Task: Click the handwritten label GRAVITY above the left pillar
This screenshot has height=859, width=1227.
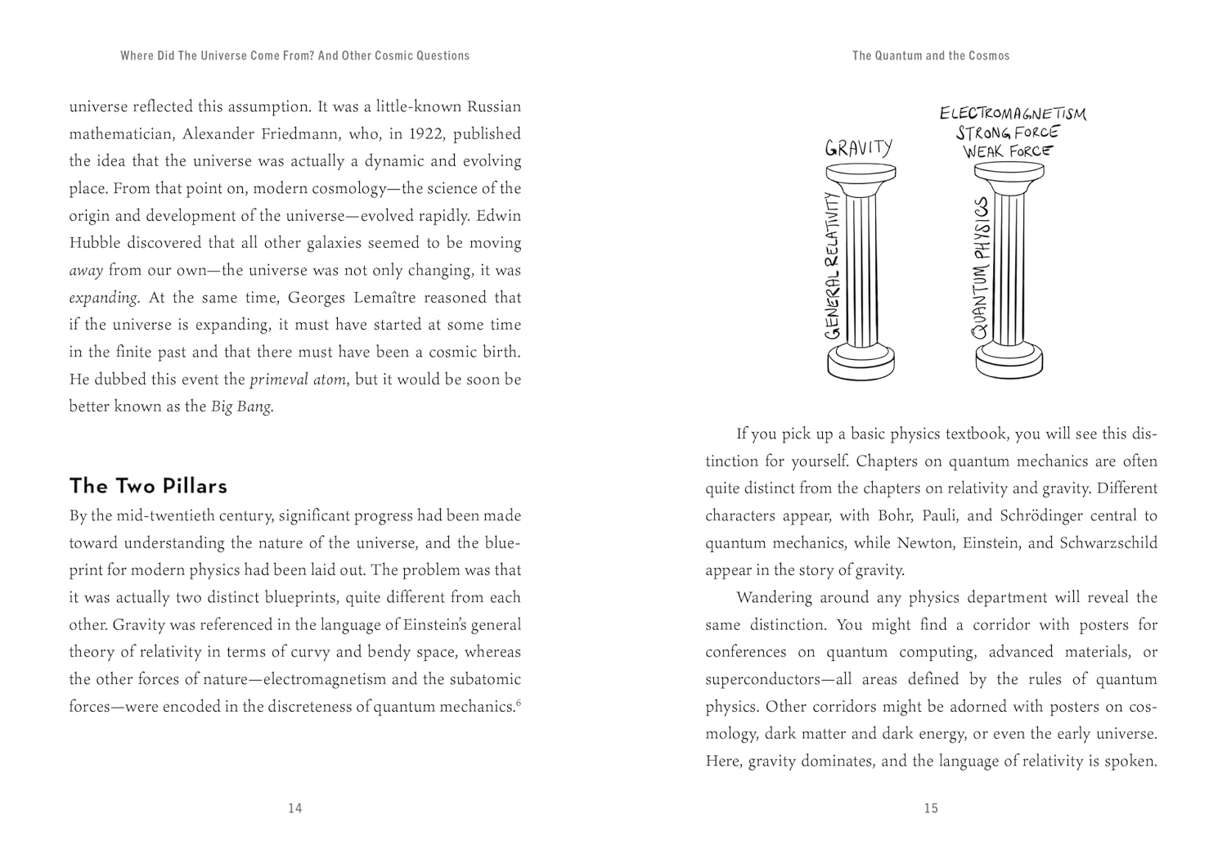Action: point(858,147)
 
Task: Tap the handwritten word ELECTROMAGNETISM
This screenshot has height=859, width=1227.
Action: point(1013,113)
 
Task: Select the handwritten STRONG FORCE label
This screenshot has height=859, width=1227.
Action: point(1008,132)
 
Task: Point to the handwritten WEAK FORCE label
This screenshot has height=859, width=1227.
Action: point(1008,151)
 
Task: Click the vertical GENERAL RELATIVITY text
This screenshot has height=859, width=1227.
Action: point(833,266)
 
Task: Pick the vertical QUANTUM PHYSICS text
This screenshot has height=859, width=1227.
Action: point(981,268)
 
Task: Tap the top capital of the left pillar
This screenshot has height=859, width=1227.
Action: point(861,176)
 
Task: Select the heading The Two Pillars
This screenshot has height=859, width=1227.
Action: point(148,486)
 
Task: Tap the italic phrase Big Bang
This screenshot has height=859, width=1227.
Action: point(241,407)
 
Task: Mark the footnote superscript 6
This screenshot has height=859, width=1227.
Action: point(519,701)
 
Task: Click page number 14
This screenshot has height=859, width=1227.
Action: point(295,808)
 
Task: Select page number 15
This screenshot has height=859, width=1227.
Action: point(931,808)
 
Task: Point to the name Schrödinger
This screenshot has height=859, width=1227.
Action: point(1069,516)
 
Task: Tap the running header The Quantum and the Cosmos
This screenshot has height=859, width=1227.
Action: point(931,56)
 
